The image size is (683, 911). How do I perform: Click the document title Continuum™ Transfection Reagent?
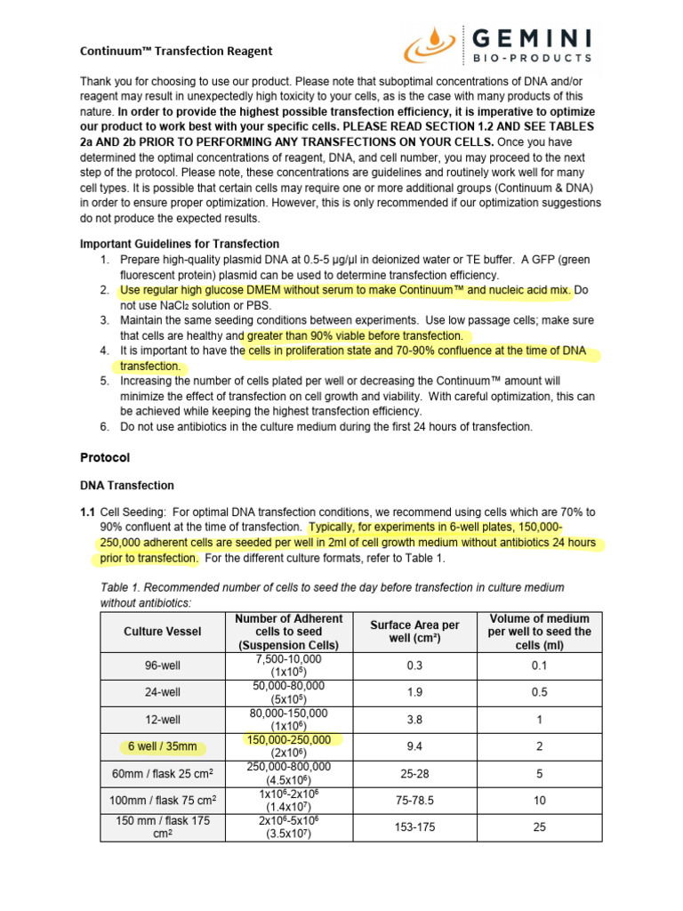tap(176, 51)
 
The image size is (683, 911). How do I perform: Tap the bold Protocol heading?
tap(105, 457)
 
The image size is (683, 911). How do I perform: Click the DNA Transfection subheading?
tap(127, 486)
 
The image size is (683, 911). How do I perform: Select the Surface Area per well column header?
tap(414, 632)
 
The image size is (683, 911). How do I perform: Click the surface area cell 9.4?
tap(414, 747)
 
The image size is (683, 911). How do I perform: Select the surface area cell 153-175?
tap(414, 827)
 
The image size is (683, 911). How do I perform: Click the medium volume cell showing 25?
tap(539, 827)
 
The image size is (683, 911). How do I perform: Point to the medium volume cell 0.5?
tap(539, 692)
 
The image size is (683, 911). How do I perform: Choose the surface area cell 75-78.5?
tap(414, 801)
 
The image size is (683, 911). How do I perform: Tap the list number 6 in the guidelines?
tap(104, 427)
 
